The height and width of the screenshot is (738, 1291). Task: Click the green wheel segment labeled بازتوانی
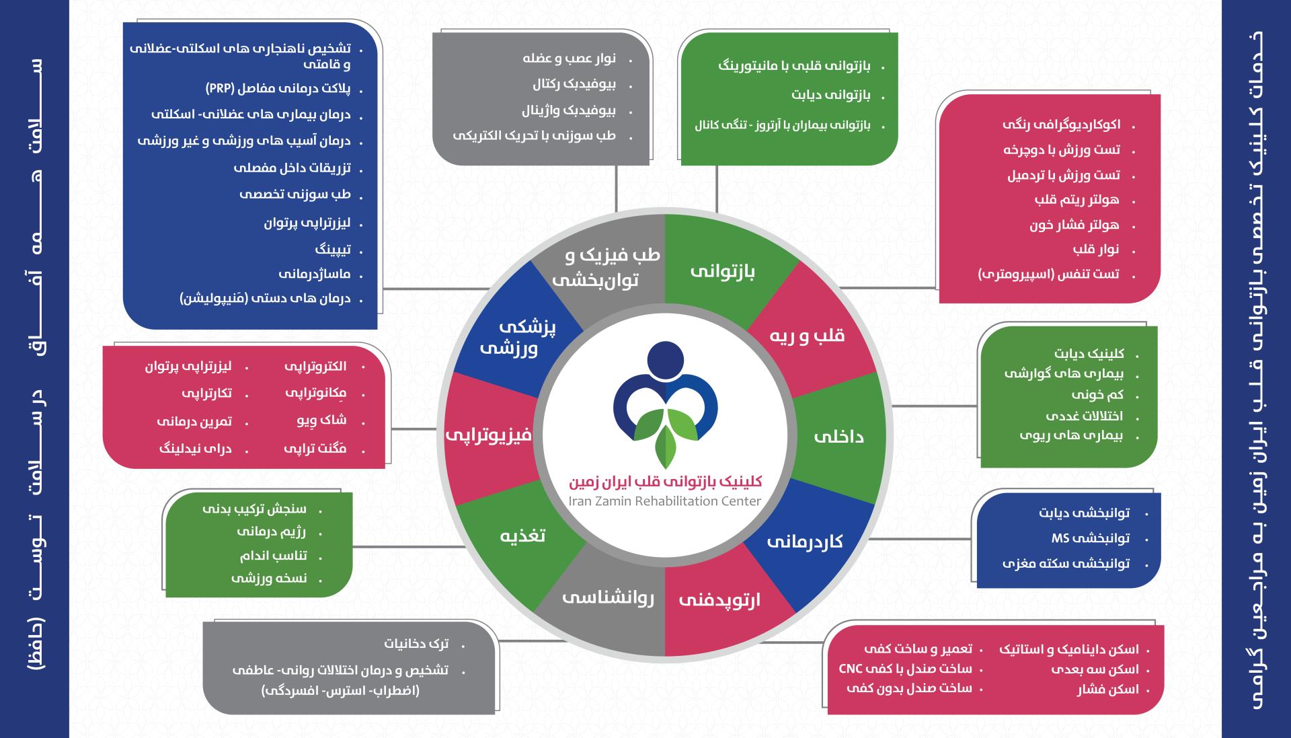pos(722,271)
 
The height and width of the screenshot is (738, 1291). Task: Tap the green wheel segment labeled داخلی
pos(838,437)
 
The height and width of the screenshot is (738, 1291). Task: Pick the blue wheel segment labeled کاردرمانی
pos(805,542)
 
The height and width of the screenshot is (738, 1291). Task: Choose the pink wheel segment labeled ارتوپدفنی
pos(719,599)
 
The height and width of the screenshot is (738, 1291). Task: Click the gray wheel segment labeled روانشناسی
pos(608,597)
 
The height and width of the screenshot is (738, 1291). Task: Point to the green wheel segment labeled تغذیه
pos(522,536)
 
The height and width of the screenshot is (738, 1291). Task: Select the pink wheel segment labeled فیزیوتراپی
pos(489,435)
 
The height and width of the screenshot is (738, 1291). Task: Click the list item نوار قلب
pos(1096,250)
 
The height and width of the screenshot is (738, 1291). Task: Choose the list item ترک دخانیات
pos(416,644)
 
